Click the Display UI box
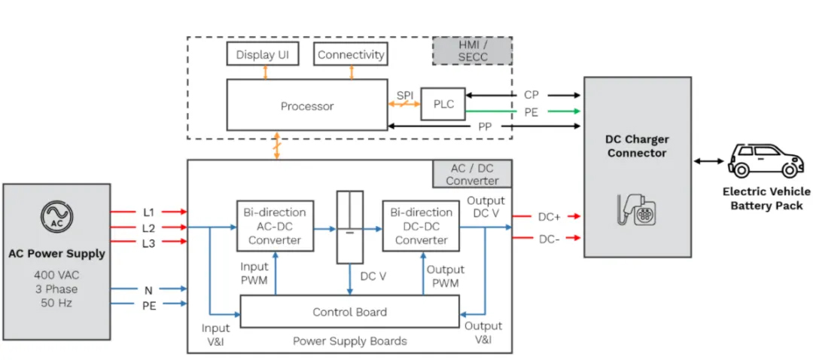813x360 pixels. tap(263, 54)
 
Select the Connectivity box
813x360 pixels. tap(351, 54)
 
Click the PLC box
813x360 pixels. tap(443, 104)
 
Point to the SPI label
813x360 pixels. tap(405, 96)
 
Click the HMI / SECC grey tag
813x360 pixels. tap(472, 50)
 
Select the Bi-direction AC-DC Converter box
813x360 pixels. tap(275, 226)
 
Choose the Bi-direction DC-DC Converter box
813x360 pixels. tap(421, 226)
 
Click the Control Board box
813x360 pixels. tap(349, 312)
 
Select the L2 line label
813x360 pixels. tap(149, 227)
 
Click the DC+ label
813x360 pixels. tap(549, 218)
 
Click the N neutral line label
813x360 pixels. tap(148, 288)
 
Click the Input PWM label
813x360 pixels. tap(254, 273)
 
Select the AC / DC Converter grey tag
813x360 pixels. tap(472, 173)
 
